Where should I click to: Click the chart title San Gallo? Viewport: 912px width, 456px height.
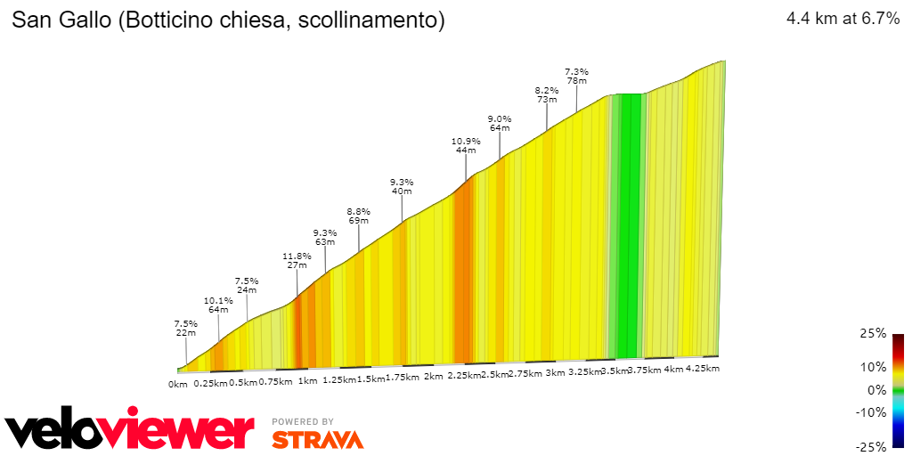(x=227, y=20)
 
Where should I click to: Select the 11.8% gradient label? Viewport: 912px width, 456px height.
(x=297, y=256)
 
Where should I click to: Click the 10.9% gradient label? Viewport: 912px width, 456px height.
(x=466, y=141)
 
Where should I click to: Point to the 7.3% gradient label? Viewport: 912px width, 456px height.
(x=576, y=71)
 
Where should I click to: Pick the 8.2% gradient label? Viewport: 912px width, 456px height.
(x=546, y=90)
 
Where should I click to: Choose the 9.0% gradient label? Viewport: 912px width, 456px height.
(x=500, y=118)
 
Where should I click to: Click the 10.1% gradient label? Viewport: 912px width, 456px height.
(x=218, y=300)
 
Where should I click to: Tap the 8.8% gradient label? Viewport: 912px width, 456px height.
(x=358, y=211)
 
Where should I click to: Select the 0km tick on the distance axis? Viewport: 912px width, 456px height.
(x=177, y=384)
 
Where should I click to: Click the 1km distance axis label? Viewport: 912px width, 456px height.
(x=308, y=380)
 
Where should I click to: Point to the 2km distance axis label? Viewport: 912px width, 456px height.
(x=433, y=377)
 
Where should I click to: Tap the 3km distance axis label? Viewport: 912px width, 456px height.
(x=556, y=373)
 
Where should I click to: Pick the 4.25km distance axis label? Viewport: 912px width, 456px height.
(x=702, y=368)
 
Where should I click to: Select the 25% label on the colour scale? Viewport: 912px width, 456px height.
(x=874, y=333)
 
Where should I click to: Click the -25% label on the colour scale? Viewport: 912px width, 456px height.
(x=871, y=446)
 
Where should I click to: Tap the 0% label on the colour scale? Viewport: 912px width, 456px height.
(x=876, y=389)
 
